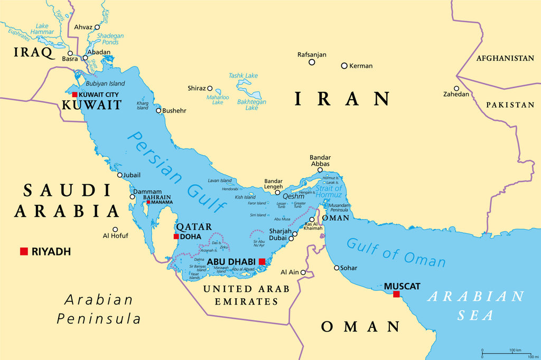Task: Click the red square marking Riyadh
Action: click(x=24, y=251)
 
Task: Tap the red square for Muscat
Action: click(x=396, y=294)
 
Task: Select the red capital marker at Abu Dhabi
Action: click(x=262, y=261)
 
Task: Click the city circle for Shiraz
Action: click(x=210, y=89)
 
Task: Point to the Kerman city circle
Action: click(x=344, y=66)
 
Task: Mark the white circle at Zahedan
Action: click(x=456, y=88)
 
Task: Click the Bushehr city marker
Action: click(x=158, y=110)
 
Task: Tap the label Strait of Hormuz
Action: click(x=329, y=192)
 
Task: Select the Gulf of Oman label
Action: click(x=396, y=252)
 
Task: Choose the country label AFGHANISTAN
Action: click(x=505, y=58)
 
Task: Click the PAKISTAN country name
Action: click(x=510, y=105)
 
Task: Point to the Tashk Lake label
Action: click(x=243, y=75)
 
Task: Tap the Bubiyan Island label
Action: click(x=106, y=83)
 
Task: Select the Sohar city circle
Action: click(x=337, y=268)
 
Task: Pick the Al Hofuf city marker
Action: click(x=115, y=230)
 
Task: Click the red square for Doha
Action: click(x=176, y=236)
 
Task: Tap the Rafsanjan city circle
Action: click(x=312, y=62)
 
